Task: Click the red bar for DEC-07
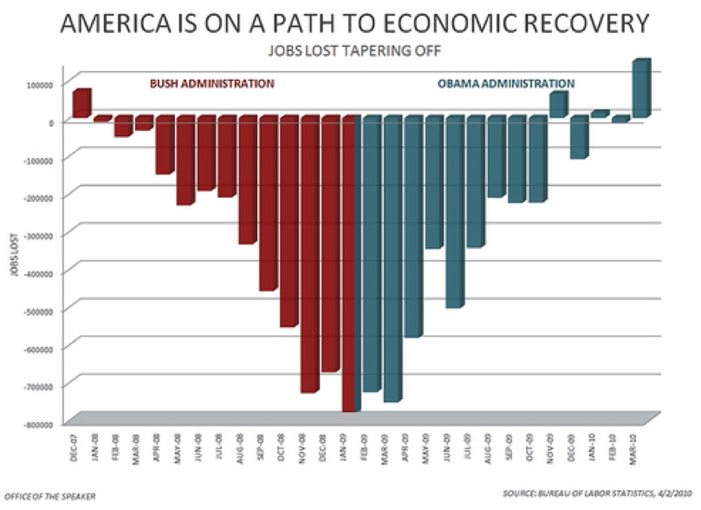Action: tap(81, 103)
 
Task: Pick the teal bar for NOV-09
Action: tap(558, 104)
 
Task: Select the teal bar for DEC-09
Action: tap(578, 137)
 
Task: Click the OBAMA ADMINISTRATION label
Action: tap(508, 84)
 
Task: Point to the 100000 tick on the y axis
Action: tap(38, 85)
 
